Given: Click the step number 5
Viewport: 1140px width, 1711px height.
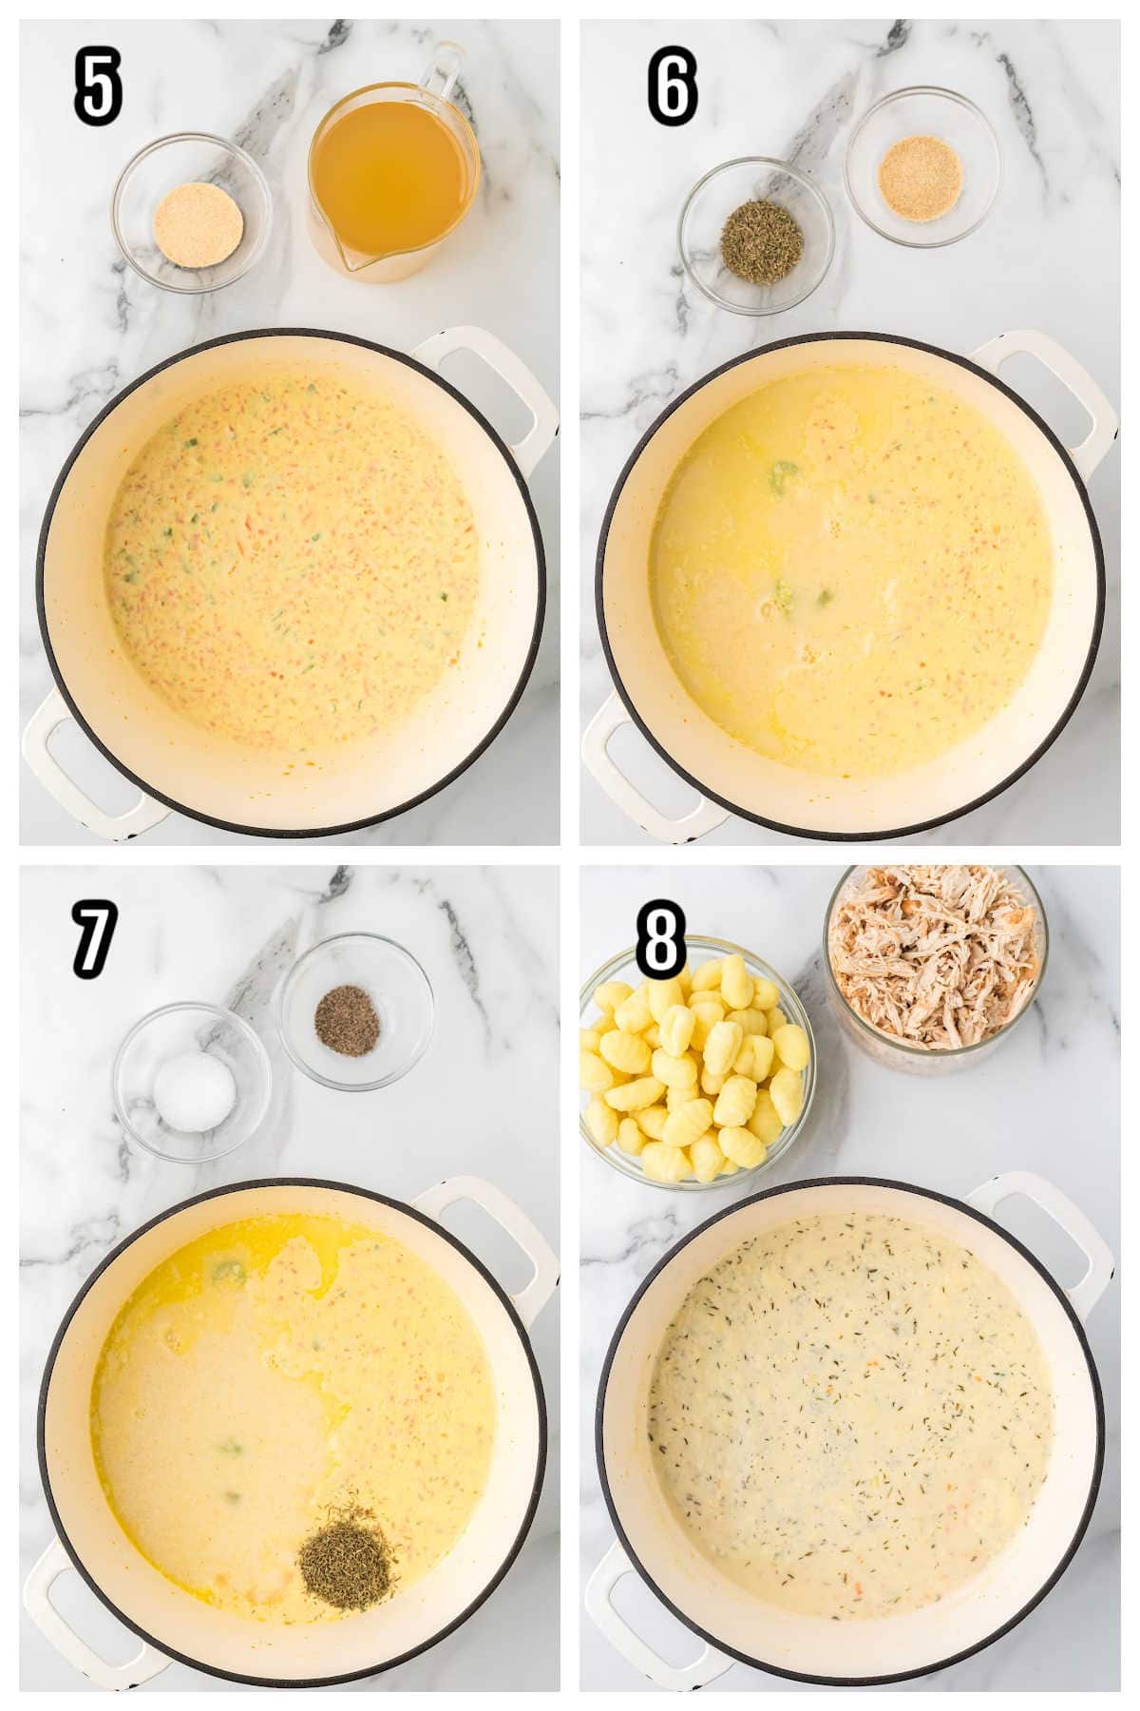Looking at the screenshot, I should (x=99, y=88).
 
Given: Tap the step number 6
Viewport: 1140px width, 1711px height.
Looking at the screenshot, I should (x=673, y=88).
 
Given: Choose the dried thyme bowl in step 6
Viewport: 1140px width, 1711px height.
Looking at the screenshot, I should (x=756, y=236).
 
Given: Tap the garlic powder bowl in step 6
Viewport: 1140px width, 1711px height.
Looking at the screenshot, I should (x=922, y=167).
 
